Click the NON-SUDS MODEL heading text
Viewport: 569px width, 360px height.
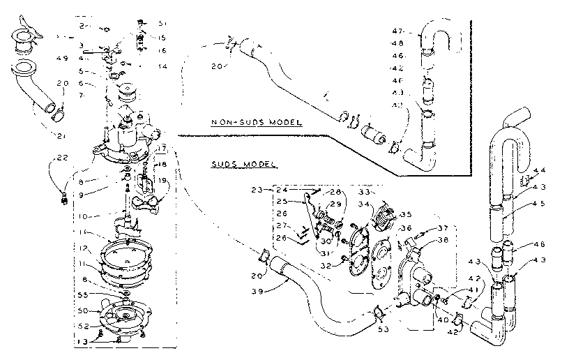[x=257, y=122]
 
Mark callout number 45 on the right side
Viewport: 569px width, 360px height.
[x=538, y=204]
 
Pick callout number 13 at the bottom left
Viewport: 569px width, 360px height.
[x=83, y=341]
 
